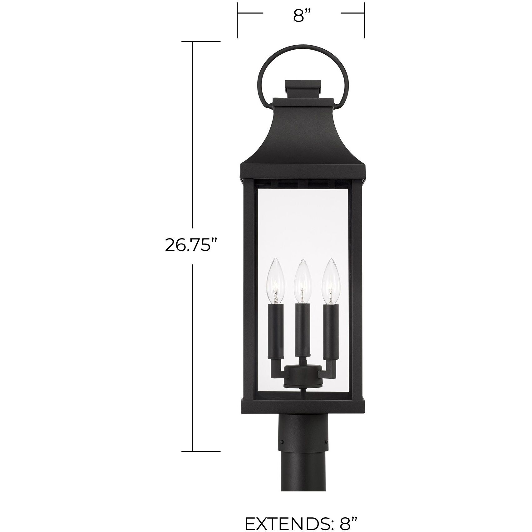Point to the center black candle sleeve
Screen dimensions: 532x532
point(302,332)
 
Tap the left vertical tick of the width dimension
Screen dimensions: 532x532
point(238,20)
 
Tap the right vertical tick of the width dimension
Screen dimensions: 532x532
point(365,20)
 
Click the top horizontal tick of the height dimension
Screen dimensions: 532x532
point(201,41)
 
